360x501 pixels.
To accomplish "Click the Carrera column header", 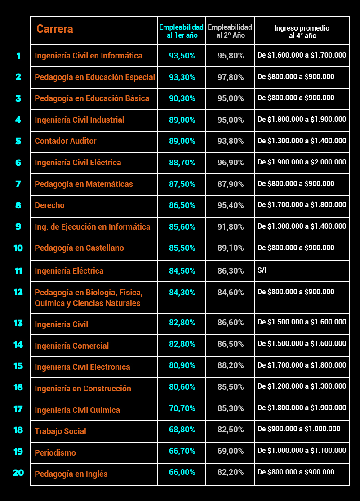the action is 55,29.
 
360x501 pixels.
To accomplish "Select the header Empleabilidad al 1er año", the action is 182,31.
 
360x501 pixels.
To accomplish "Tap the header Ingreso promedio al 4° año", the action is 302,31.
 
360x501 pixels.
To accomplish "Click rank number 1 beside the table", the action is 18,56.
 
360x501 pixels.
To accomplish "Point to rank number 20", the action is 18,473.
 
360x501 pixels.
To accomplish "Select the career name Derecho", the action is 49,205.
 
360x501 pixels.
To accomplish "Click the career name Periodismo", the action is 55,452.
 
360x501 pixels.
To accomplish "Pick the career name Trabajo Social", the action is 60,431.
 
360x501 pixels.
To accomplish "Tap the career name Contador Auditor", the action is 66,141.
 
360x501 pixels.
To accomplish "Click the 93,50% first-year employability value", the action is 182,56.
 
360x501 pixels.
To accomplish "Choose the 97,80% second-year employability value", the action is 231,77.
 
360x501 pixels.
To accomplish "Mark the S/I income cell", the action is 262,270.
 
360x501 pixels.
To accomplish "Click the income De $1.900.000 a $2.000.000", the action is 302,162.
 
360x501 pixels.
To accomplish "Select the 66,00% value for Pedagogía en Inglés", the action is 182,472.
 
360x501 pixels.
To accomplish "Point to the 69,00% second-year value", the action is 231,451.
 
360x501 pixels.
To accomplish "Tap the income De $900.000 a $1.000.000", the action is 299,429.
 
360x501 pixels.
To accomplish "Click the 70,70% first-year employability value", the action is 182,408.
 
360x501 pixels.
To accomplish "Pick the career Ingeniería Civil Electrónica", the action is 83,367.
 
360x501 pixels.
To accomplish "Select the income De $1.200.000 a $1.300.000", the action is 302,386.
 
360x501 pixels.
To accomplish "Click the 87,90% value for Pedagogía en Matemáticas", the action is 231,184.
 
